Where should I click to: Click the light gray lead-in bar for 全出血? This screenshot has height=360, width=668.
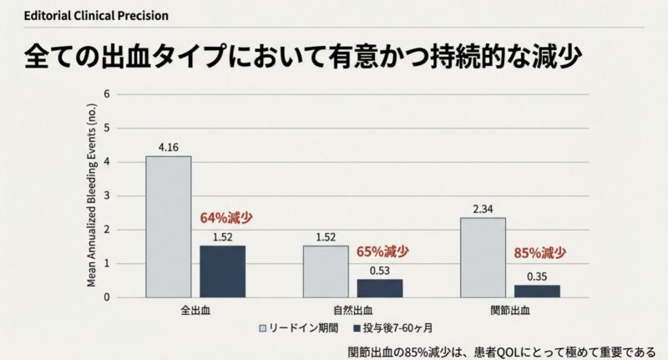[168, 226]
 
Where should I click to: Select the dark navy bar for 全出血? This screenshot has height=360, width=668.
[222, 271]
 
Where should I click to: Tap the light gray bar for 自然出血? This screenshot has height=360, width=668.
[326, 271]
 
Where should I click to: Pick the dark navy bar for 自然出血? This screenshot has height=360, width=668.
[380, 288]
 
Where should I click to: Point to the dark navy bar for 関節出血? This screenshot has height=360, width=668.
[537, 291]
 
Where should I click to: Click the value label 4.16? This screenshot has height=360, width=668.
[168, 149]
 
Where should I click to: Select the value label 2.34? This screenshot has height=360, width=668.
[483, 210]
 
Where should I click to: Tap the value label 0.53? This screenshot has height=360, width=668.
[380, 271]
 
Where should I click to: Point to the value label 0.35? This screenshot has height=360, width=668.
[537, 276]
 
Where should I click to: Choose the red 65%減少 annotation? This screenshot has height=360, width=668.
[383, 251]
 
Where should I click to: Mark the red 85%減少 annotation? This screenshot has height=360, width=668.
[539, 252]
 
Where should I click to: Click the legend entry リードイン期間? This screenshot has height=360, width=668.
[304, 327]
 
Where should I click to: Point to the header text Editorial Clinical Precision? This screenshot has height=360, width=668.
[84, 16]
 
